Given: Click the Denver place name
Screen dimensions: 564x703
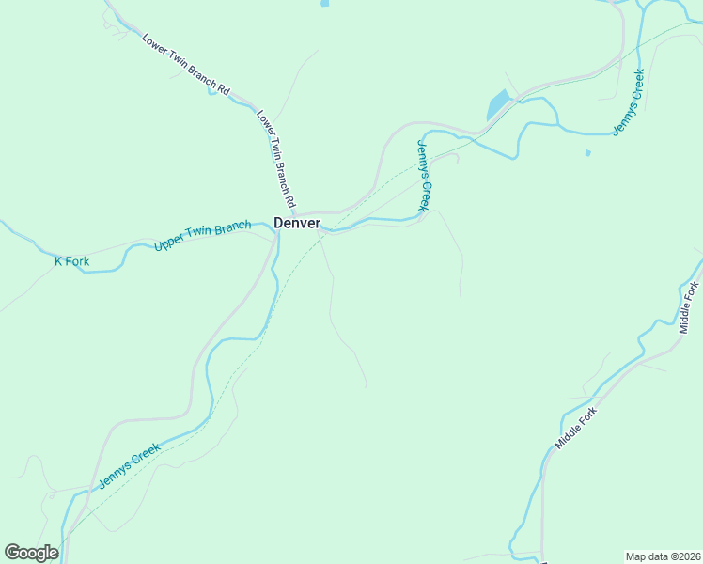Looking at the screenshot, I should pos(297,223).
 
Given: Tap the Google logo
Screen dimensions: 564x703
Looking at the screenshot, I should pos(31,553).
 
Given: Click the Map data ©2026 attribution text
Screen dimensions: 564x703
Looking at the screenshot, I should pos(662,556).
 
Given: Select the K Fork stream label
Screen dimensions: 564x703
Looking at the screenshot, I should pos(71,261).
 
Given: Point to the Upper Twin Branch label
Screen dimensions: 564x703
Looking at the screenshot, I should pos(202,236).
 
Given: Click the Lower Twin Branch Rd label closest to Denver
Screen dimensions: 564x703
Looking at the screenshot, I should pos(276,159).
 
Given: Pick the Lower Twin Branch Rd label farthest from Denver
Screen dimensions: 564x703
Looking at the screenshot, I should pos(186,64).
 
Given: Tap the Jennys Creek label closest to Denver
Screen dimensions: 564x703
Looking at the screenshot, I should pos(423,176).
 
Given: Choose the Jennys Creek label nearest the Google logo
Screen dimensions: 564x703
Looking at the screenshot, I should pos(130,466).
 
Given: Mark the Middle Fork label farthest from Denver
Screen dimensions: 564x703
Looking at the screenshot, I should pos(690,307).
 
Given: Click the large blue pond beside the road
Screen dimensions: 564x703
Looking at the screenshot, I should pos(497,103).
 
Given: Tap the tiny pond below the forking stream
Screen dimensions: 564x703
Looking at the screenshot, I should pos(587,152).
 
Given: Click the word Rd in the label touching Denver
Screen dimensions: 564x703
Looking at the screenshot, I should pos(290,200).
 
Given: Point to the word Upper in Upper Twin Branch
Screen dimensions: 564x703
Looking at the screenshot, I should pos(168,244).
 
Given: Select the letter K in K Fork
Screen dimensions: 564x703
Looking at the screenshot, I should pos(58,261).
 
